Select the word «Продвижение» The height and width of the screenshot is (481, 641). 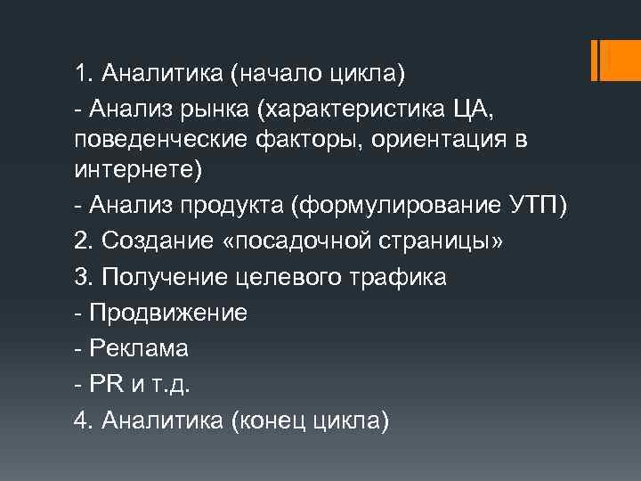coord(169,312)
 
